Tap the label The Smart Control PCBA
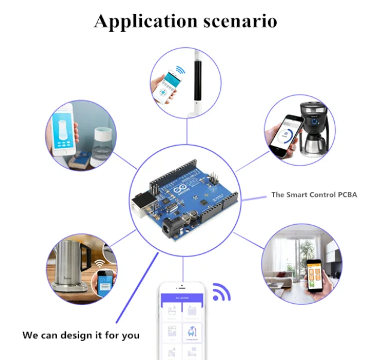[314, 194]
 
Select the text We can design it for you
[81, 335]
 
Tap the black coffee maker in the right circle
[311, 128]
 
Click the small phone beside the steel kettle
[105, 280]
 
